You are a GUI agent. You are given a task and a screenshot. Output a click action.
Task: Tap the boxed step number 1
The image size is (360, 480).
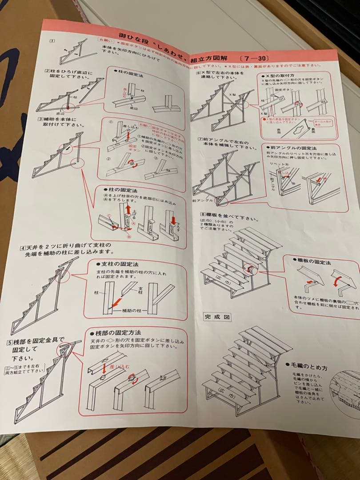click(52, 41)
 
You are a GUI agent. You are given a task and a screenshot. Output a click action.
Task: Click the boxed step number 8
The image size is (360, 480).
click(203, 214)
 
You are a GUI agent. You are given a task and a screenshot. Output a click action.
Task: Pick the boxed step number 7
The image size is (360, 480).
click(200, 140)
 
